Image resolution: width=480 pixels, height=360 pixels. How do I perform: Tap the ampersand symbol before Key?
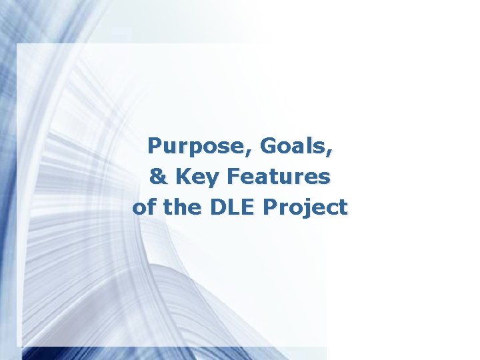click(x=159, y=177)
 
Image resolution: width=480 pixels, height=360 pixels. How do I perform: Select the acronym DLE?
click(x=231, y=207)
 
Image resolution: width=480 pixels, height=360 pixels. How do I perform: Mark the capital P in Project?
click(x=271, y=207)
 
